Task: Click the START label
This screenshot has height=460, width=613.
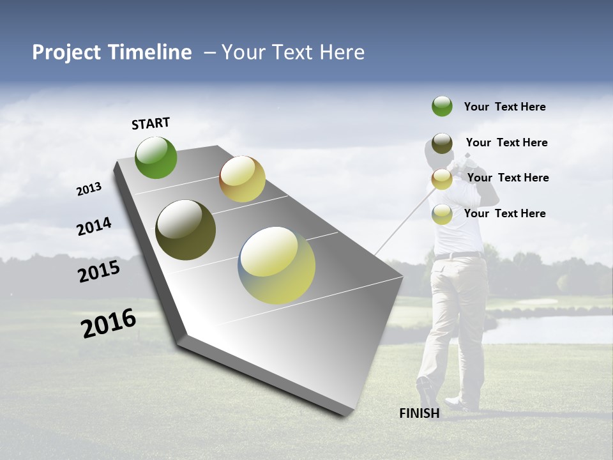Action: tap(151, 123)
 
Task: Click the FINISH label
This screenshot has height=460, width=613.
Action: tap(420, 413)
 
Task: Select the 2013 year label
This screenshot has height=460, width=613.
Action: tap(89, 189)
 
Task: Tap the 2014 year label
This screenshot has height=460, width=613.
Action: tap(95, 227)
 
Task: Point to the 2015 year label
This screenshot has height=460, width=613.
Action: tap(99, 271)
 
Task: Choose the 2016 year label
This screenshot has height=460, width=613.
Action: tap(109, 323)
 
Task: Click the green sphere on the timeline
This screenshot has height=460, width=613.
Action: tap(156, 157)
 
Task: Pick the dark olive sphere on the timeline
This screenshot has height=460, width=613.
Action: tap(185, 230)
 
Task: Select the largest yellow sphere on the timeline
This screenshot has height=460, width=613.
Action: tap(276, 265)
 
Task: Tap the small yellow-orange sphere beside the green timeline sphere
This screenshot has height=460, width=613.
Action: tap(242, 179)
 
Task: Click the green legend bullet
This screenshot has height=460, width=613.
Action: tap(442, 106)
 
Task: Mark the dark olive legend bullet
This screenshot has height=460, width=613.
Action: tap(442, 142)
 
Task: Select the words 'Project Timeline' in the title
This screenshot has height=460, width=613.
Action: tap(112, 52)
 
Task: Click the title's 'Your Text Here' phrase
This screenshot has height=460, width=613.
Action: tap(293, 52)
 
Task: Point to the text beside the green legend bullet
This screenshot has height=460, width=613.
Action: tap(504, 107)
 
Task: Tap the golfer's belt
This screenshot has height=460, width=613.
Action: tap(458, 256)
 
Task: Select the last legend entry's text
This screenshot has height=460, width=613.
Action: tap(504, 213)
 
